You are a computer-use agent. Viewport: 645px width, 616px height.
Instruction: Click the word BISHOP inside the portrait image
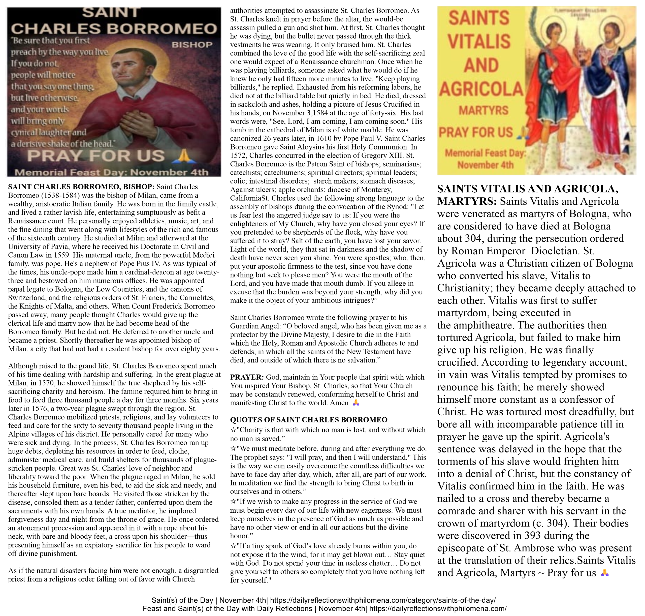pos(192,45)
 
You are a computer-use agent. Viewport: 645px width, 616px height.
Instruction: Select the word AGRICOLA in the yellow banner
pos(481,89)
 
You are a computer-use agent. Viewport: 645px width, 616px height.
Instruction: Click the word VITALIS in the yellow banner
pos(479,42)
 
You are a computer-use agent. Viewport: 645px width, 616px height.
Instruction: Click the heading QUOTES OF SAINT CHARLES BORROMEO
pos(309,420)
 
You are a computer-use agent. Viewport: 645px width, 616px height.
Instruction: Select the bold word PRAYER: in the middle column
pos(247,377)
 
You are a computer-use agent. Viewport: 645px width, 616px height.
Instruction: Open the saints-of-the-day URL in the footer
pos(383,600)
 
